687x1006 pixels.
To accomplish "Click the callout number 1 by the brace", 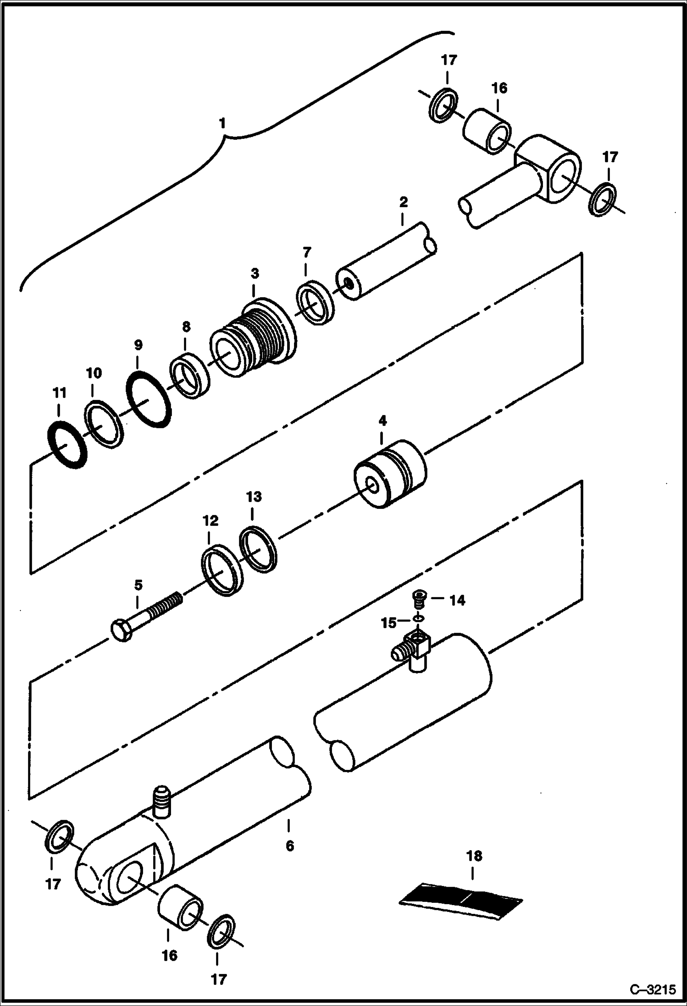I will (222, 124).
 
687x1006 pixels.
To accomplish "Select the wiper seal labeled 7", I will (314, 302).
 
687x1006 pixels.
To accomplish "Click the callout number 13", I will (254, 497).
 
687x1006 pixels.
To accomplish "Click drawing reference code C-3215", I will (653, 989).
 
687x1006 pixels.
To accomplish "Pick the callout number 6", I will (289, 846).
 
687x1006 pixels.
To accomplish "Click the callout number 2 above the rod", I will (403, 202).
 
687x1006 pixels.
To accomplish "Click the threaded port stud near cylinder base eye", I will (162, 803).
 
